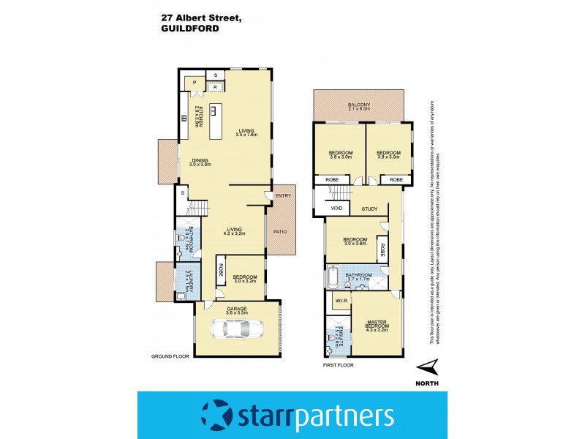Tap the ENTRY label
click(282, 195)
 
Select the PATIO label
click(280, 233)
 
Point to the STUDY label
click(369, 209)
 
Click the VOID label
click(336, 209)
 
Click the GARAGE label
click(235, 309)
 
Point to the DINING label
click(200, 162)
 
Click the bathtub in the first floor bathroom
click(334, 278)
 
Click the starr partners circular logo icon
click(218, 415)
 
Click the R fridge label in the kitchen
click(215, 87)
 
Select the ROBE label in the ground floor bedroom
click(220, 270)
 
